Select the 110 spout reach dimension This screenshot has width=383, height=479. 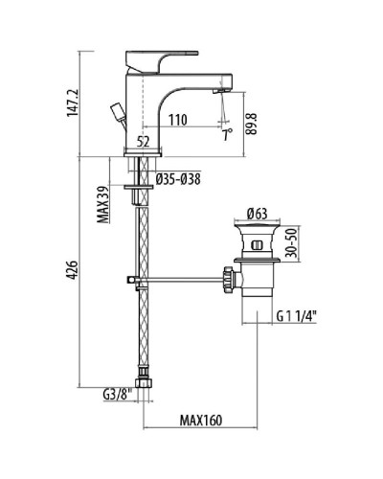pos(178,122)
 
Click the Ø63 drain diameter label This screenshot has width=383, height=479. pos(256,213)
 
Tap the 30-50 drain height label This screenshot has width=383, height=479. pos(298,245)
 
